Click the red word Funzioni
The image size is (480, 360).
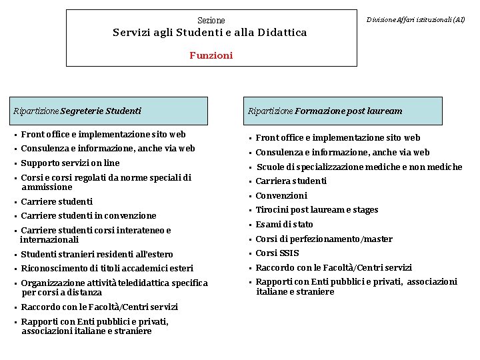coord(211,55)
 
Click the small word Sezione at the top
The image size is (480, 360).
coord(211,21)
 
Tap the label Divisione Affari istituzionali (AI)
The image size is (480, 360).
coord(416,20)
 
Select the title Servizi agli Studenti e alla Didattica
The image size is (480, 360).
coord(210,33)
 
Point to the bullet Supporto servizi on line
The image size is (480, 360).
coord(70,163)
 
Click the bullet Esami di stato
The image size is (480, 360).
coord(284,225)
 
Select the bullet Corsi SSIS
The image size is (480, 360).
coord(277,253)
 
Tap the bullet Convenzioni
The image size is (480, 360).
coord(281,196)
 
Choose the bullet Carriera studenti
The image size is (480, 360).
coord(291,181)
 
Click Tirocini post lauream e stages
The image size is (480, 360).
coord(317,210)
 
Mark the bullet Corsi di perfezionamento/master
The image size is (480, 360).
coord(324,239)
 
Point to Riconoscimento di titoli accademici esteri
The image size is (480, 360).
coord(107,269)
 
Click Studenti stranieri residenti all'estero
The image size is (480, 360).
coord(97,254)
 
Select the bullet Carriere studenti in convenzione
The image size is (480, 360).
coord(89,216)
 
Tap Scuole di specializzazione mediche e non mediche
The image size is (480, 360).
coord(359,167)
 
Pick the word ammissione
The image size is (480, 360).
coord(47,187)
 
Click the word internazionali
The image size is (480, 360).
coord(49,239)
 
